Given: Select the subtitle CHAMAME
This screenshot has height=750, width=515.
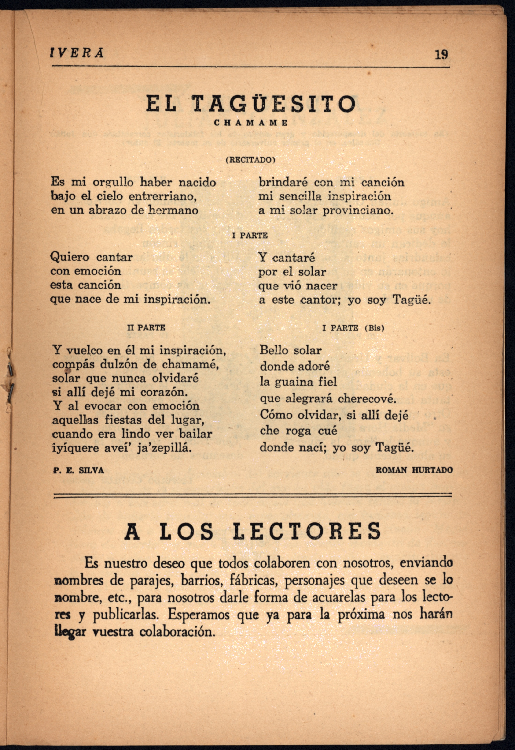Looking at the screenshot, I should point(251,123).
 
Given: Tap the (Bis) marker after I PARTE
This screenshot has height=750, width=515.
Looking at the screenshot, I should point(374,328).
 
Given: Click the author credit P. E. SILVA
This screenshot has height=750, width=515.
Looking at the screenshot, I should point(78,470).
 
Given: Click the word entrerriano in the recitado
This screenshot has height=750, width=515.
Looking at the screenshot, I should point(163,196).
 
